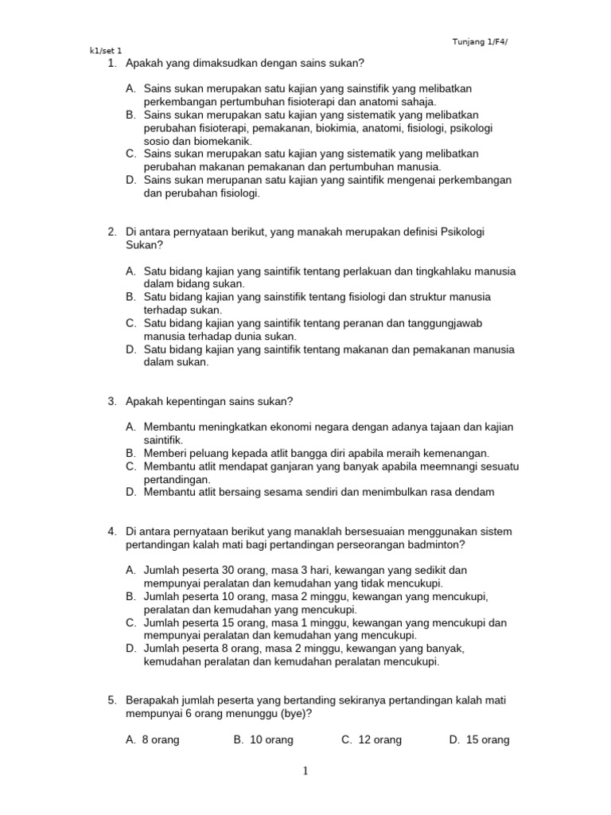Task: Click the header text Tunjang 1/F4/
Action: point(479,41)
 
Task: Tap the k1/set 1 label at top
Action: point(106,51)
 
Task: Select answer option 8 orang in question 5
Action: point(161,740)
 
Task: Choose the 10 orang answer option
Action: point(271,740)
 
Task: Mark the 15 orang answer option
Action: point(487,740)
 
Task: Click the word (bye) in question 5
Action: point(291,713)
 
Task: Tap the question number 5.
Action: point(112,700)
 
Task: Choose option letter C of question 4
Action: point(130,622)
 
